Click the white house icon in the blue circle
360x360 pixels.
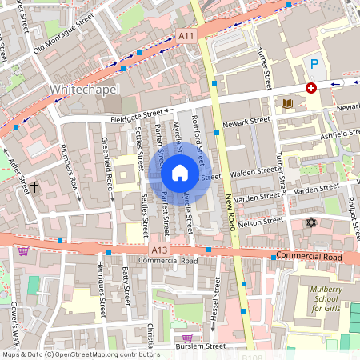click(180, 173)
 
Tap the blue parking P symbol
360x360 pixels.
click(314, 63)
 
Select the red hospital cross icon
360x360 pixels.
click(310, 88)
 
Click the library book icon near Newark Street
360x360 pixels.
click(286, 103)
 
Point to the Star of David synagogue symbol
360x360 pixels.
click(312, 222)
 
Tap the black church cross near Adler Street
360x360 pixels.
click(34, 188)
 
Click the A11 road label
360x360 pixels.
click(186, 36)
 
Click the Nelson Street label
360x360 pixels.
click(262, 222)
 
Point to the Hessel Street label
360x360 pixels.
click(214, 305)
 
